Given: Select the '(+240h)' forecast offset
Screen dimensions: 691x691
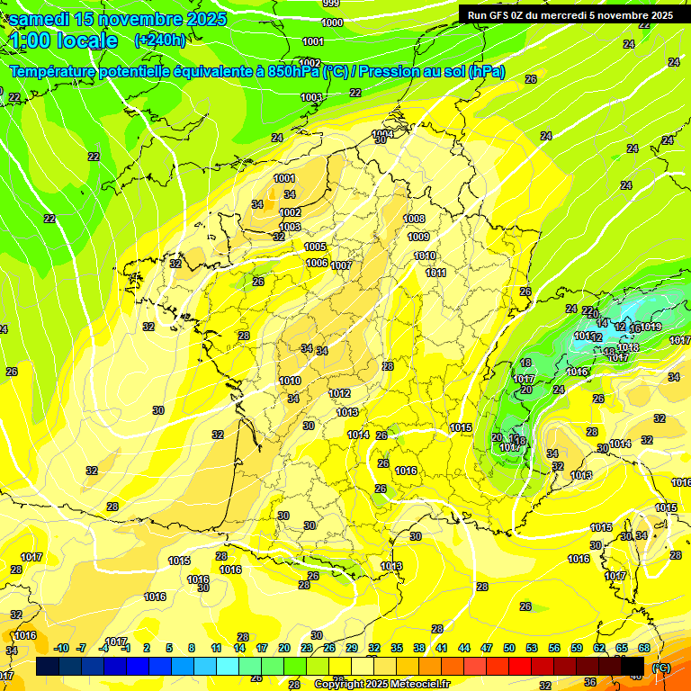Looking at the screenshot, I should tap(160, 40).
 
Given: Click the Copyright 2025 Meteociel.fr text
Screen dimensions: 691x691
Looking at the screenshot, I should tap(381, 684).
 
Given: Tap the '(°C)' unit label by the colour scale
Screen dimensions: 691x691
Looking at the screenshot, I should tap(660, 667).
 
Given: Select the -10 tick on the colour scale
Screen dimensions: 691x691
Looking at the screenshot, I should tap(61, 648).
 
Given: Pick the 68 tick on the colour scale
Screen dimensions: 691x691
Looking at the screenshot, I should tap(643, 648).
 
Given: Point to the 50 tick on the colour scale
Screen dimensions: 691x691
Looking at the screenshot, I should tap(509, 648).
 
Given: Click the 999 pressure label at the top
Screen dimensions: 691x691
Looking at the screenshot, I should tap(331, 4).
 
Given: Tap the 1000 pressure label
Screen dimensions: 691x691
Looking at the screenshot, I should tap(332, 22).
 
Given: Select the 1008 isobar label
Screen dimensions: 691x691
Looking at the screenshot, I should tap(414, 219).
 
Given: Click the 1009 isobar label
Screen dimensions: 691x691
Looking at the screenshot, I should tap(418, 237).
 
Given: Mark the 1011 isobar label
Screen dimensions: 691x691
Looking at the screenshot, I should tap(435, 273).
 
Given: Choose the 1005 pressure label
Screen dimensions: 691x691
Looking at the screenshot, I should tap(315, 247).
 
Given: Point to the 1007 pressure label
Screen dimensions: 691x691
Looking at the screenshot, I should tap(341, 265).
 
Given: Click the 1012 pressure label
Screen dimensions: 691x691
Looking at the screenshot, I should tap(339, 393).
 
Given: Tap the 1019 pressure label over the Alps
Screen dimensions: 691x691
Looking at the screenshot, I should tap(651, 327).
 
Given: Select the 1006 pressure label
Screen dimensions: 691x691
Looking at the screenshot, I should tap(317, 263).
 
